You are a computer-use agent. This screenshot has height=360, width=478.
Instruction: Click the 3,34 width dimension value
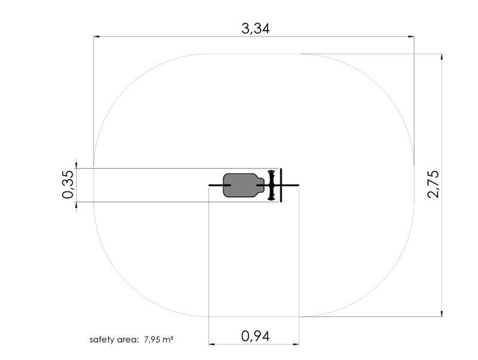click(256, 29)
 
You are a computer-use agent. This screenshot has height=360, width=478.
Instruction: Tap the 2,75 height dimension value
click(434, 184)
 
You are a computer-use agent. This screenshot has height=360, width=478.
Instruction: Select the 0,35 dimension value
click(68, 184)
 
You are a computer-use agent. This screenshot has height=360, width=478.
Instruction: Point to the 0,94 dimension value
click(256, 336)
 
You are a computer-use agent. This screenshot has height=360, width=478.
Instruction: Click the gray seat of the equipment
click(243, 185)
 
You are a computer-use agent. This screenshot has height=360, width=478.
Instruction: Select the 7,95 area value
click(152, 339)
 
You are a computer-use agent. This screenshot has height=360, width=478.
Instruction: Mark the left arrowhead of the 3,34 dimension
click(96, 36)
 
